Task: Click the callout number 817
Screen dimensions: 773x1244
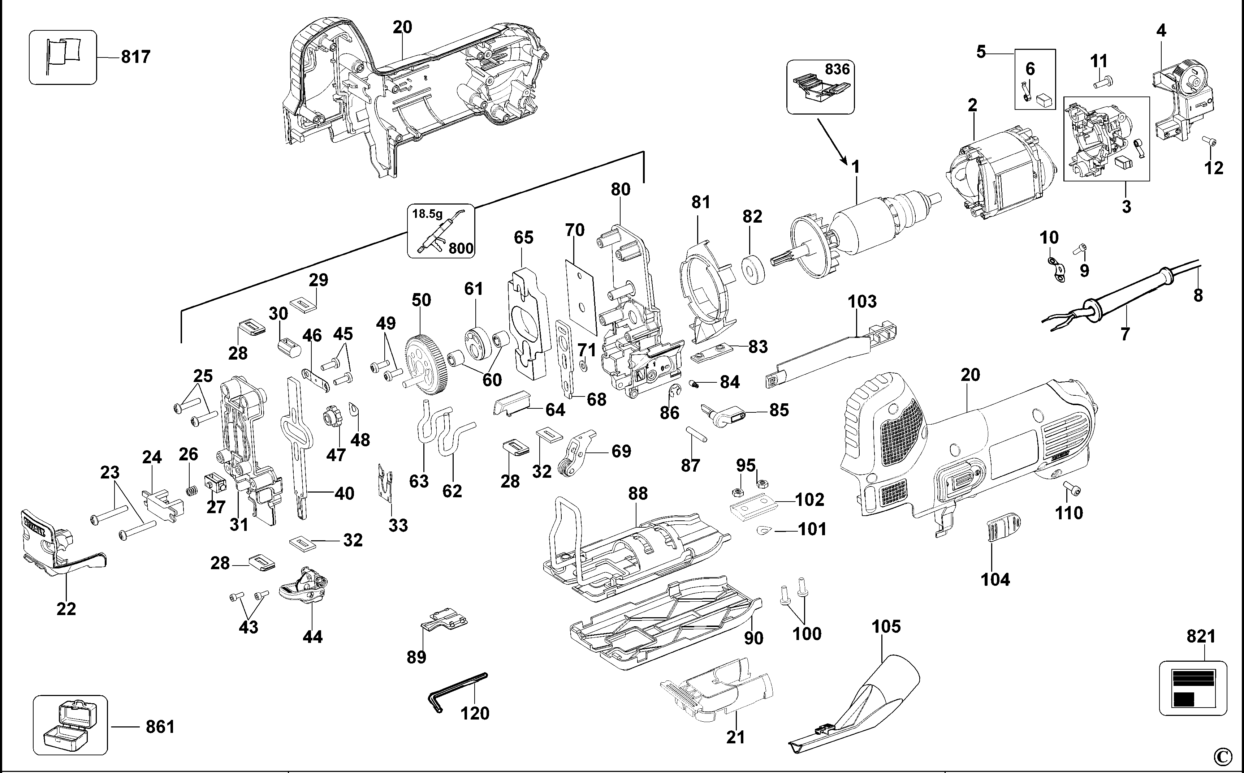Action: (x=135, y=57)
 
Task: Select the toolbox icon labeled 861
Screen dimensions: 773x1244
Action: (x=70, y=725)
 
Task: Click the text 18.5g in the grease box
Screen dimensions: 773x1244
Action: (x=427, y=214)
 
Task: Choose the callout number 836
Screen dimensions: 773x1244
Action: (x=837, y=69)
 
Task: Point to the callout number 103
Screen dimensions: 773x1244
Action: (x=862, y=302)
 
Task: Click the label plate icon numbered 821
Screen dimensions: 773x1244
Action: (x=1192, y=688)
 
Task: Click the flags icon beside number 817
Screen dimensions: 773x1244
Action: (x=63, y=57)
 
